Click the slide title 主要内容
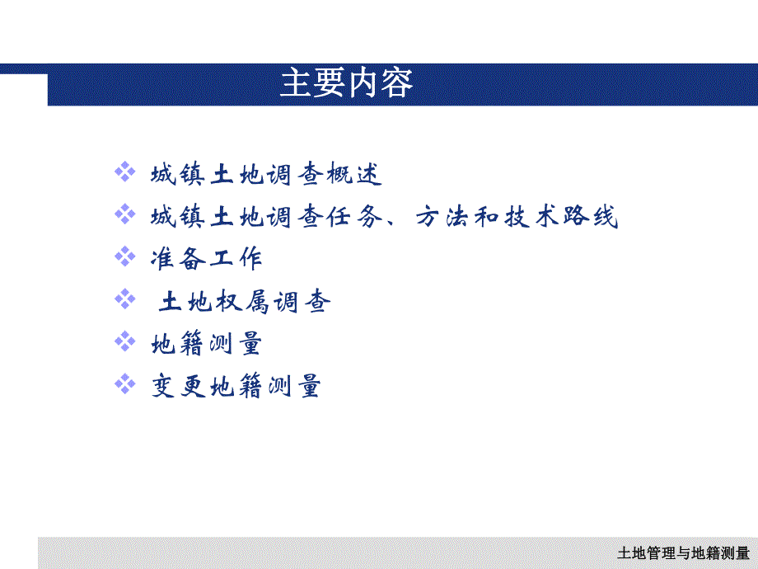pyautogui.click(x=346, y=84)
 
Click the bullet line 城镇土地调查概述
pyautogui.click(x=267, y=175)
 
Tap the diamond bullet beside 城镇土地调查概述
pyautogui.click(x=124, y=172)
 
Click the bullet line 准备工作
pyautogui.click(x=206, y=259)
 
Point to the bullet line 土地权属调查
pyautogui.click(x=245, y=302)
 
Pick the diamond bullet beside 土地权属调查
pyautogui.click(x=124, y=298)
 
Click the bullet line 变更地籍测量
pyautogui.click(x=236, y=386)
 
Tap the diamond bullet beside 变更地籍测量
pyautogui.click(x=124, y=382)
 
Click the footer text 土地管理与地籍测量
pyautogui.click(x=683, y=553)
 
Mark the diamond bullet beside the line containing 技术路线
pyautogui.click(x=124, y=213)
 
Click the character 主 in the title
pyautogui.click(x=295, y=84)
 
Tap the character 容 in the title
pyautogui.click(x=397, y=84)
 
